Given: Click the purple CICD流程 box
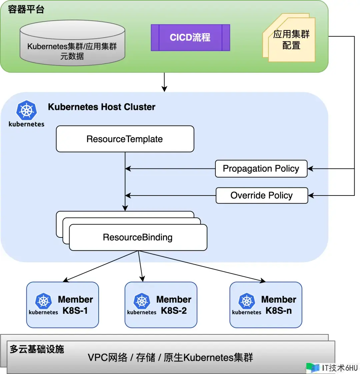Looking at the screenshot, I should click(x=190, y=38).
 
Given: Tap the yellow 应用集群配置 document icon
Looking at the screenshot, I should click(x=291, y=39).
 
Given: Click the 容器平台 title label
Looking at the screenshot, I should click(x=26, y=9).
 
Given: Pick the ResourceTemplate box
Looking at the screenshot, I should click(x=125, y=139).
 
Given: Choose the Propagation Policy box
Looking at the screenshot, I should click(x=261, y=169).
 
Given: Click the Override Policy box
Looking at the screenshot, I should click(x=262, y=195).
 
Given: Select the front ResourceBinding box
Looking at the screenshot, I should click(x=138, y=237).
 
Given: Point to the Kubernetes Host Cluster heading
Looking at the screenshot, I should click(x=102, y=107).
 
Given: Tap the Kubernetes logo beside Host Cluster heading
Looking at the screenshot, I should click(x=26, y=111).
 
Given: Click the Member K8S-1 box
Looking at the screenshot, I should click(x=63, y=305).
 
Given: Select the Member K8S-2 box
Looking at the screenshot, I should click(x=161, y=305).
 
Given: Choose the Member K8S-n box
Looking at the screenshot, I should click(x=266, y=305).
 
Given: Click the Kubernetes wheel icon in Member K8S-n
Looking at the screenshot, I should click(x=247, y=301).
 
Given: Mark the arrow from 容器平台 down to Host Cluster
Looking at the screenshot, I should click(x=164, y=82).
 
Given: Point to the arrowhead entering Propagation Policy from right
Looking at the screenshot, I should click(x=310, y=169).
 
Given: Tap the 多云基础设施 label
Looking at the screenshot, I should click(x=37, y=349).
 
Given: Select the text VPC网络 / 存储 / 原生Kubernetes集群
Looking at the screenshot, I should click(x=170, y=358).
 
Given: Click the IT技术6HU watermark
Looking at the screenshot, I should click(x=333, y=368).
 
